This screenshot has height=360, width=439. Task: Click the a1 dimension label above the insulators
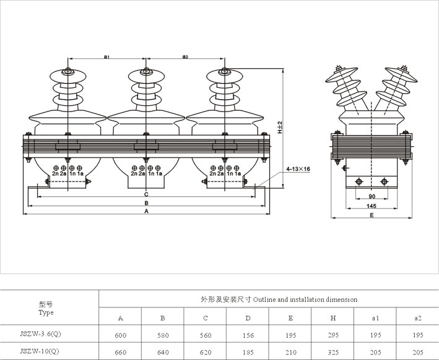point(106,57)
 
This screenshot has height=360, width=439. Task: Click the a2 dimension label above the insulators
point(185,57)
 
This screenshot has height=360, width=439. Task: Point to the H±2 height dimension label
point(280,127)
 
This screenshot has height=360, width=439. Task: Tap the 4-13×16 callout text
point(298,169)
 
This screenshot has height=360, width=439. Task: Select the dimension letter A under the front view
point(146,211)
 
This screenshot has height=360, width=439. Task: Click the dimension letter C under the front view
point(146,195)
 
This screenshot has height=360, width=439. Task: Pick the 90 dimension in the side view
point(372,196)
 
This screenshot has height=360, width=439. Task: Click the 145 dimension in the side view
point(372,206)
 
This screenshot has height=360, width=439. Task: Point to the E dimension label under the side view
point(372,215)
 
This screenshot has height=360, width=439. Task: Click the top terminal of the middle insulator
point(146,71)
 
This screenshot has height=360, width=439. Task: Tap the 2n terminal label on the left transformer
point(55,173)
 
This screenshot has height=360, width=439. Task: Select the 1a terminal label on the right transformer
point(237,173)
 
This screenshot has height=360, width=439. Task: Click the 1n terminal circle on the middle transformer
point(150,168)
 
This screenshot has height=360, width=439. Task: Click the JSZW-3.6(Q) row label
point(40,334)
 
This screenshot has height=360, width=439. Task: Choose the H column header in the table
point(333,318)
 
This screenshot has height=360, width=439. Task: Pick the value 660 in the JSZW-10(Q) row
point(120,352)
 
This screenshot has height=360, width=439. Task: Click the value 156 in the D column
point(248,335)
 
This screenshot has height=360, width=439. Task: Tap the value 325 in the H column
point(333,352)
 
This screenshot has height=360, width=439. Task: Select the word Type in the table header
point(46,312)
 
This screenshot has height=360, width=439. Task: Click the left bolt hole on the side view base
point(359,182)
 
